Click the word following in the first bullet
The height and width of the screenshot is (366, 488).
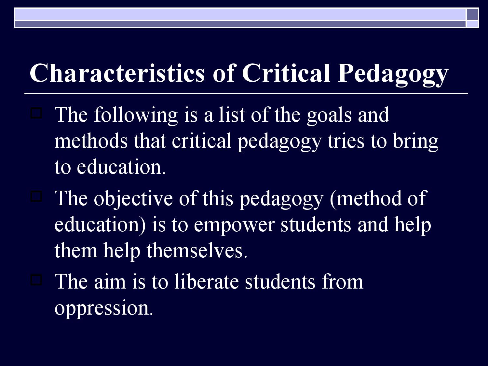point(136,115)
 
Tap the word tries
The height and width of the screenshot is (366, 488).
point(346,141)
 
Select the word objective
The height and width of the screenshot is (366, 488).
point(133,198)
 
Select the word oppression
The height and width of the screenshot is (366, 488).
point(103,308)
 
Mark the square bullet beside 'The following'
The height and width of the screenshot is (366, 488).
point(36,113)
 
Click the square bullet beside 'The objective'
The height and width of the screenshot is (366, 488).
point(36,197)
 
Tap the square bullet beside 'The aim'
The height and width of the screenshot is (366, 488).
point(36,279)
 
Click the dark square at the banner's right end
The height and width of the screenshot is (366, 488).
point(472,14)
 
